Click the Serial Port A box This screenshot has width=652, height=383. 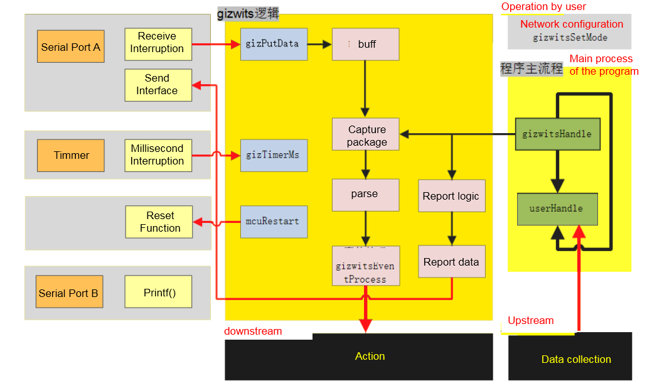coord(71,46)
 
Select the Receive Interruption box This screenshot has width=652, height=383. coord(158,43)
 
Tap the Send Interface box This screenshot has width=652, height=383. coord(158,85)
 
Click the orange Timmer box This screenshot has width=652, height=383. coord(71,155)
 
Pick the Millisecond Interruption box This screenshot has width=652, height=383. coord(158,155)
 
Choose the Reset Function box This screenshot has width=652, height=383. coord(159,222)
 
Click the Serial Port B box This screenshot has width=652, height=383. coord(68,293)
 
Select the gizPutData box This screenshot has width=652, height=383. coord(274,44)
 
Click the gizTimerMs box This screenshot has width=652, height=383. coord(274,155)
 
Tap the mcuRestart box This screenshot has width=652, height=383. coord(274,222)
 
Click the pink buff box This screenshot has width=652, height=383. coord(365,44)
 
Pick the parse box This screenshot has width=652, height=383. coord(365,194)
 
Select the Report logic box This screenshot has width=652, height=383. coord(451,196)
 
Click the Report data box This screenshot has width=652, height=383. coord(451,262)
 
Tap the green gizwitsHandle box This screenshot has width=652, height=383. coord(557,134)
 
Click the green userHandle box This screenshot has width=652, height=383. coord(557,209)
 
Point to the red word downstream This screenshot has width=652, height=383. coord(254,331)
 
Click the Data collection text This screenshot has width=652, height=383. coord(575,359)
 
